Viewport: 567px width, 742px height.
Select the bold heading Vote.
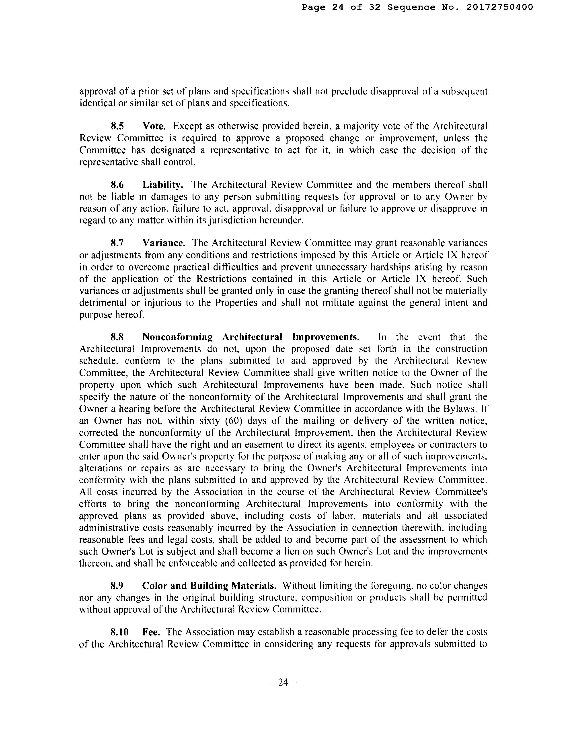pos(154,126)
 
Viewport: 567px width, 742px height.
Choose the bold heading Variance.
pos(164,243)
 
